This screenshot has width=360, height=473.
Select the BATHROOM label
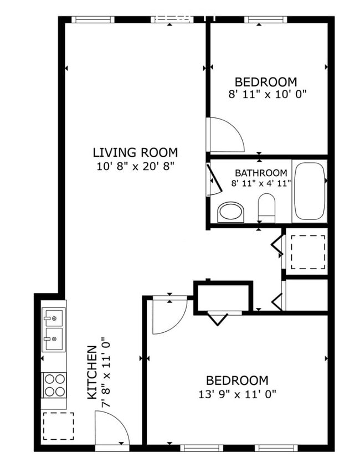pos(261,173)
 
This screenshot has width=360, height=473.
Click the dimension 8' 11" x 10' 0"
pos(268,94)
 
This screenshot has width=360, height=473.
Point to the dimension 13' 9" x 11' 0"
pos(237,394)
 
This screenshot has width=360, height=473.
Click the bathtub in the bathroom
pos(310,192)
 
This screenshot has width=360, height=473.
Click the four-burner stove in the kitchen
pos(54,385)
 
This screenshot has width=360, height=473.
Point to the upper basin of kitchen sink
pos(54,318)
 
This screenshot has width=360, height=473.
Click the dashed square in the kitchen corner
pos(58,425)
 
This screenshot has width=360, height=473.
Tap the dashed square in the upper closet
pos(308,252)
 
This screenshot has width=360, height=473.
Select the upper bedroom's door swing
pos(225,135)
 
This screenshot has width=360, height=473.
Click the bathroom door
pos(213,179)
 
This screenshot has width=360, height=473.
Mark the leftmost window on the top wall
pos(92,19)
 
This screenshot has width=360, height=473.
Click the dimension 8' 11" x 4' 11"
pos(261,183)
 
